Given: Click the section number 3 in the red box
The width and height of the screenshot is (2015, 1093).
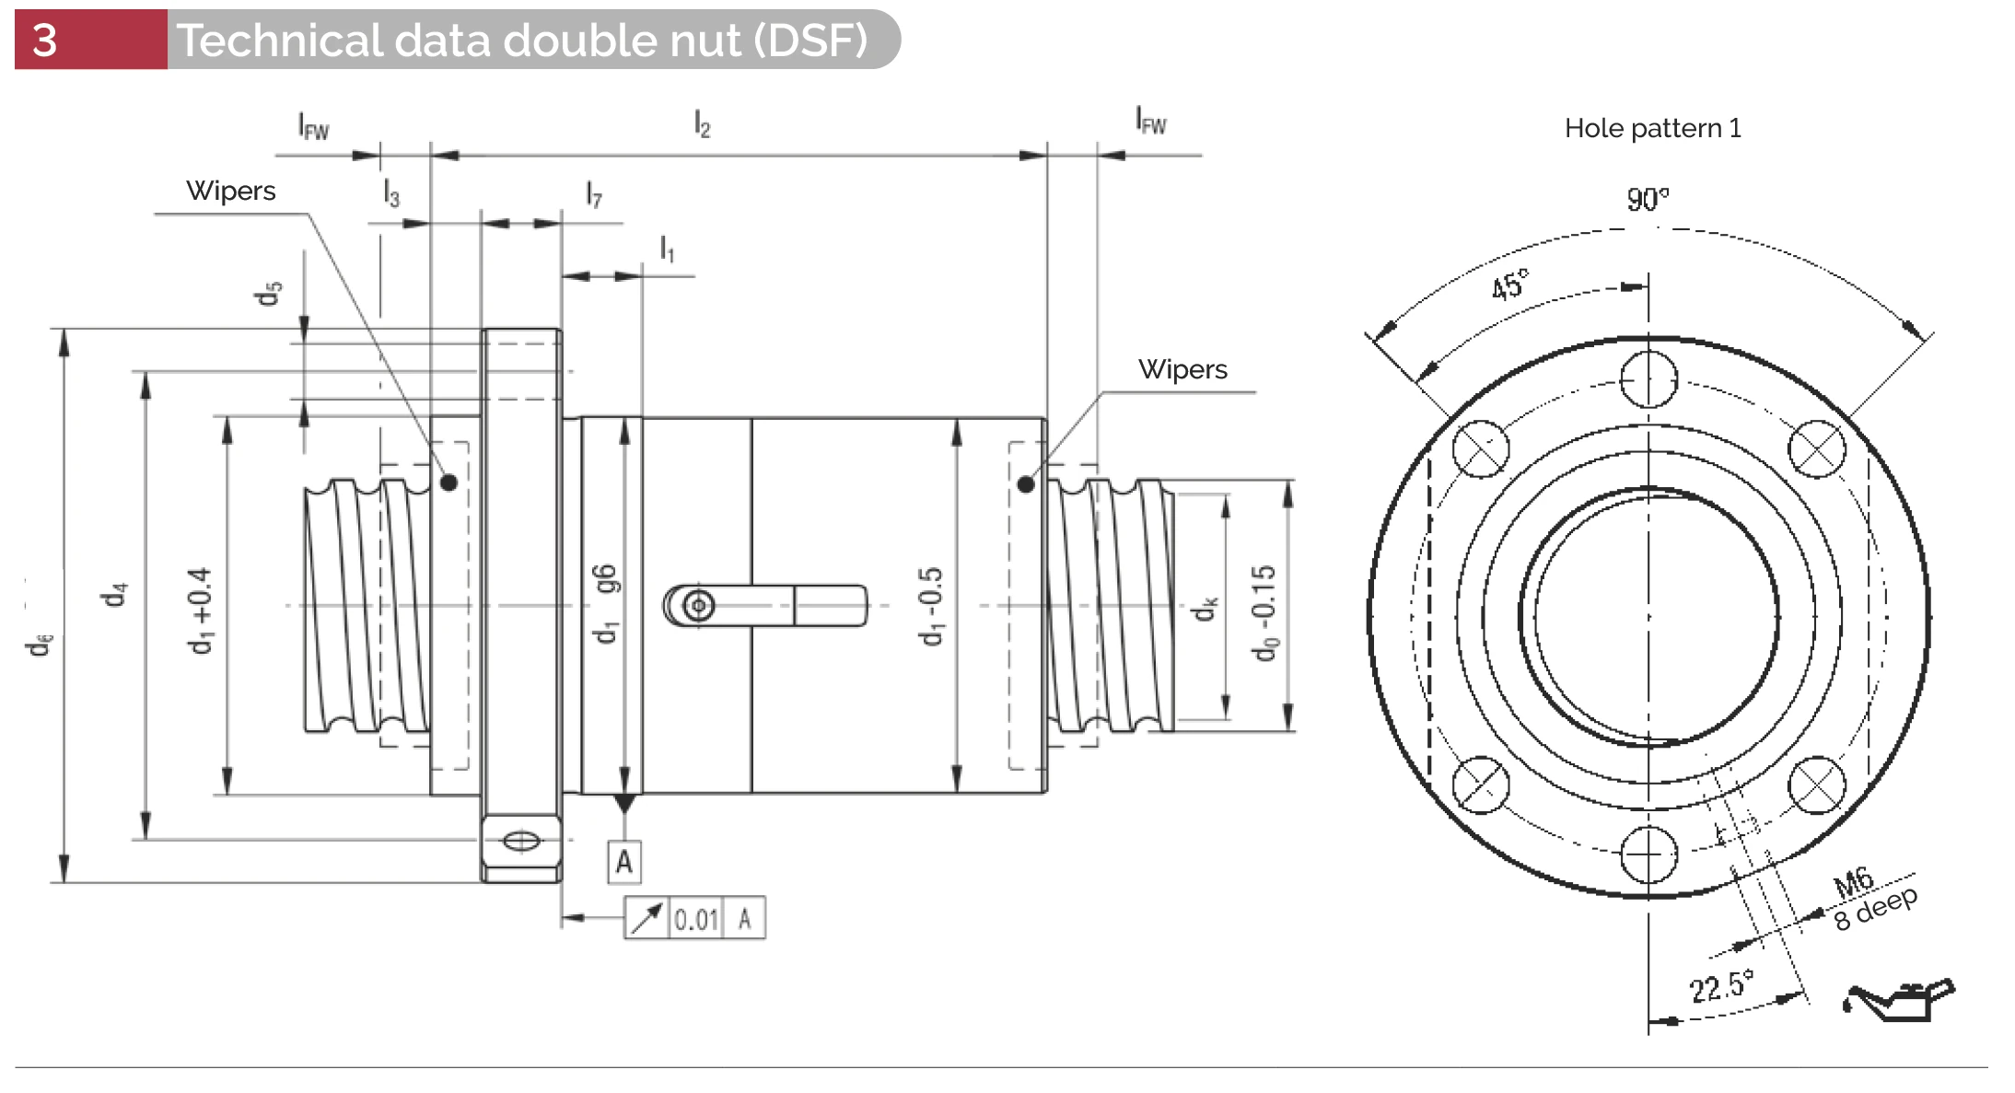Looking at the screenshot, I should (44, 41).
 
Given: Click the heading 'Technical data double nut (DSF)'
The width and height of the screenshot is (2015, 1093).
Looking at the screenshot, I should (521, 41).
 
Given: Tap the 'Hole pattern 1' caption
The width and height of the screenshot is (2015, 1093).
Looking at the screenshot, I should (1652, 128).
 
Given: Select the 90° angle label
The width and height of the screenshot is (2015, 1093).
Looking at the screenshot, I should (1647, 199).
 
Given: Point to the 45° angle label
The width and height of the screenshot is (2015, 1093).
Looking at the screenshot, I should (1509, 285).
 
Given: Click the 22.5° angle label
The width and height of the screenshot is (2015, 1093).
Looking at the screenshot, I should (1720, 986).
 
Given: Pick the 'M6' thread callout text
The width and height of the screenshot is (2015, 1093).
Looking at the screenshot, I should (1853, 881).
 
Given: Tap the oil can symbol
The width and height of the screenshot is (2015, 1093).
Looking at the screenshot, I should (1898, 1000).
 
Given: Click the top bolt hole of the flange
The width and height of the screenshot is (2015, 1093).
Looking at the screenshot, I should (1648, 379).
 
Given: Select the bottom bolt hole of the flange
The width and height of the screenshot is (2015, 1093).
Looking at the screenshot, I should (1648, 855).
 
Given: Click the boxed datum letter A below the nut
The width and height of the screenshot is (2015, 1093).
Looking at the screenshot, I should (624, 863).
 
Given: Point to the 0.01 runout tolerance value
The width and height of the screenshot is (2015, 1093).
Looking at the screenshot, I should (695, 919).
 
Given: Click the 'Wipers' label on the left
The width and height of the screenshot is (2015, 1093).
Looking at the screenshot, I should (230, 191).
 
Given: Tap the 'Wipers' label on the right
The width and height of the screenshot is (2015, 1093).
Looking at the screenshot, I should (1182, 369).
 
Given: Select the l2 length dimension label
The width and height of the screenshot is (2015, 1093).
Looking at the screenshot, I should (702, 123).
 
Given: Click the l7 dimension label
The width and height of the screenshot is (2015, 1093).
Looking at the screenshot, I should (594, 194).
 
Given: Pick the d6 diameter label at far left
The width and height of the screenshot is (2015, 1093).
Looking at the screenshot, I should (40, 644).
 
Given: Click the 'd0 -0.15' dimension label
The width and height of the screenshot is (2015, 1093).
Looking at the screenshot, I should (1264, 612).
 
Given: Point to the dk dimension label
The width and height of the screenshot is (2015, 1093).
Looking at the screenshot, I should (1206, 609).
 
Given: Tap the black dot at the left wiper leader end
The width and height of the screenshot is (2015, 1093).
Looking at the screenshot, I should (448, 483).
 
